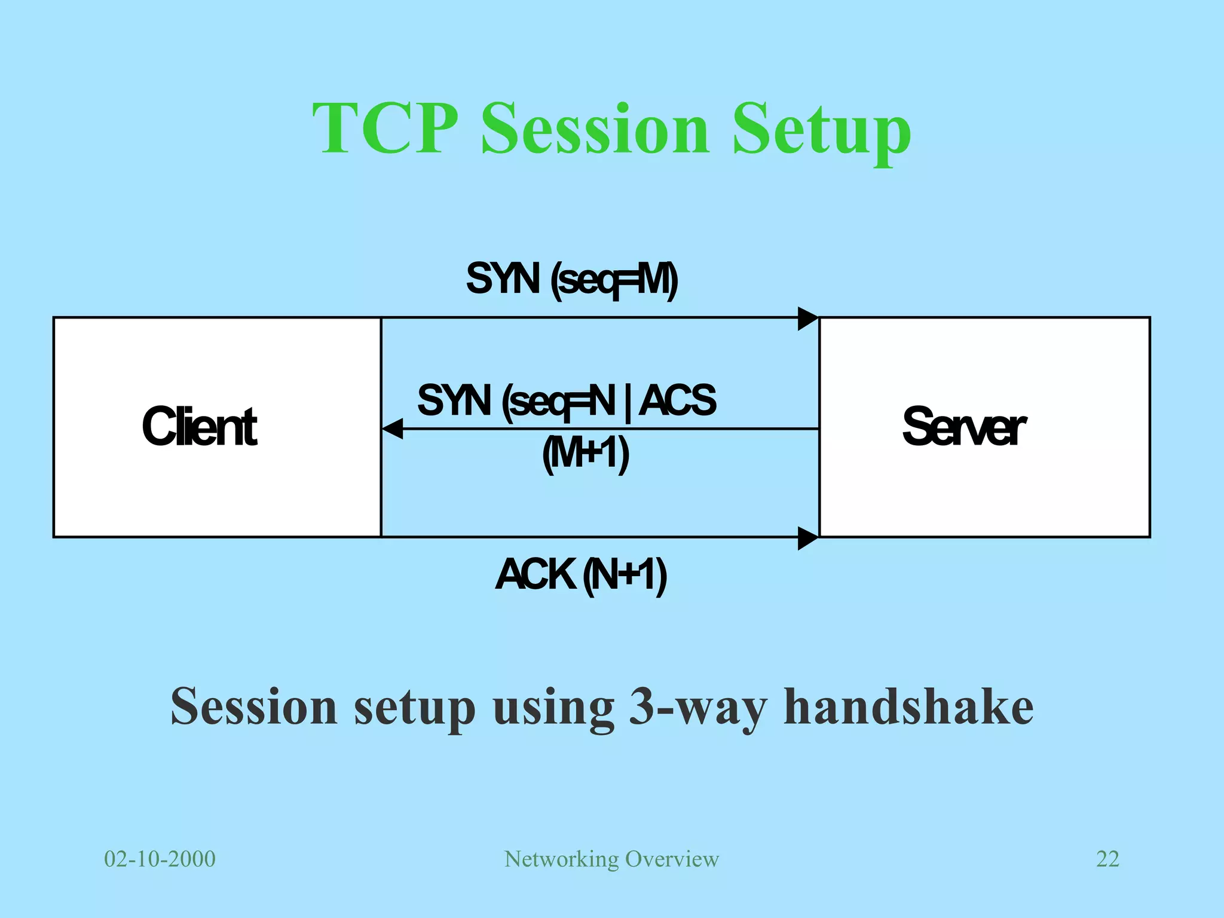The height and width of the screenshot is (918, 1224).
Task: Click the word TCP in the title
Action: click(385, 129)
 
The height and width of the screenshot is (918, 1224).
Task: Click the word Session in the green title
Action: click(595, 129)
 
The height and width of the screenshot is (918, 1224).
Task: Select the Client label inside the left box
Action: click(199, 427)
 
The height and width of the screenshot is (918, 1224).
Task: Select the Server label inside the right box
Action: click(963, 427)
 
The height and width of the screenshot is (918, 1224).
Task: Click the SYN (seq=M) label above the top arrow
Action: click(572, 279)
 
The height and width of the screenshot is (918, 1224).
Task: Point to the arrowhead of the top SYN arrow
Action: click(808, 319)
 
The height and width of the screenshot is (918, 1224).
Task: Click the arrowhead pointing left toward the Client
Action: click(392, 429)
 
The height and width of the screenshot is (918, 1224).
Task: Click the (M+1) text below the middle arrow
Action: click(586, 454)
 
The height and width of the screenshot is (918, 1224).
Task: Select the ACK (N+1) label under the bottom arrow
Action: click(581, 575)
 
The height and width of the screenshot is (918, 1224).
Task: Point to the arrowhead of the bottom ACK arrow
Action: click(808, 538)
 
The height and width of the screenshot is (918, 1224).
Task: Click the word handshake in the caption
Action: click(908, 706)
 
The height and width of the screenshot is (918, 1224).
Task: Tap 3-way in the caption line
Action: click(697, 706)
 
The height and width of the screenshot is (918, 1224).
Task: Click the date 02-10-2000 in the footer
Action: click(160, 859)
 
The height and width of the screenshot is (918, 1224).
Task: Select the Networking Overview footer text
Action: click(611, 859)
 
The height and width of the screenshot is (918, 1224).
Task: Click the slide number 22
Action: click(1107, 859)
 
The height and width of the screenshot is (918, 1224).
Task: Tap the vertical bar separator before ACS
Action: click(627, 402)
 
